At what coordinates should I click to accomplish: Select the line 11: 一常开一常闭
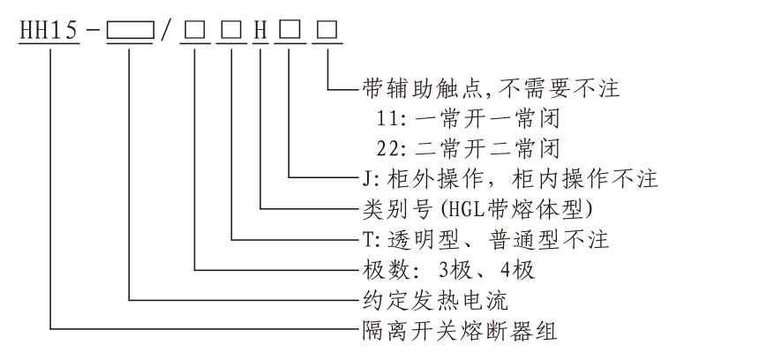click(x=460, y=117)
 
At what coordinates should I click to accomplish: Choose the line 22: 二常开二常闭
click(x=460, y=146)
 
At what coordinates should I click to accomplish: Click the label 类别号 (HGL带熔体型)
click(x=464, y=209)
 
